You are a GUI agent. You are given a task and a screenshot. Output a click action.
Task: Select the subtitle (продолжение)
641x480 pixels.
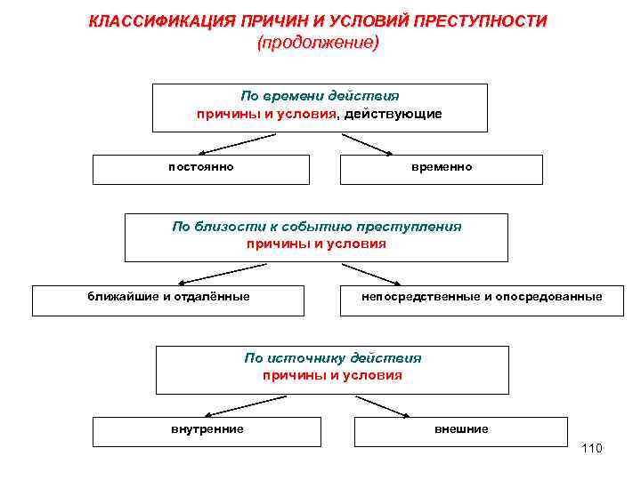(318, 43)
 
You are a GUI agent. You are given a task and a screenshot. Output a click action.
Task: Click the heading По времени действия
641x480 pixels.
(320, 96)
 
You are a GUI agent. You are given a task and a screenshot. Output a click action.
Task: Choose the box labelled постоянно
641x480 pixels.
(201, 167)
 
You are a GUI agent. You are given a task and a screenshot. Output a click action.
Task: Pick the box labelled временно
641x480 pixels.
(442, 167)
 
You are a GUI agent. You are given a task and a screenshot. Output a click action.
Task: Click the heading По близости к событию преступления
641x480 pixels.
(317, 226)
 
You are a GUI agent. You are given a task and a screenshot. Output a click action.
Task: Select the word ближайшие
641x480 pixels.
(122, 296)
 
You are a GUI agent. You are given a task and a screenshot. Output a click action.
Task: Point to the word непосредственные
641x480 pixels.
(420, 296)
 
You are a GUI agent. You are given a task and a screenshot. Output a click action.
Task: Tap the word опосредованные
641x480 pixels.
(548, 296)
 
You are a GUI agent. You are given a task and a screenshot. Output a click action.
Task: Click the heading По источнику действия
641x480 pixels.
(333, 358)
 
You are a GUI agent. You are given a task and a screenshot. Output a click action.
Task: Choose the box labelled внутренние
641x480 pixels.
(207, 429)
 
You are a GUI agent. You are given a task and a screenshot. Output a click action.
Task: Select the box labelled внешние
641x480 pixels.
(461, 429)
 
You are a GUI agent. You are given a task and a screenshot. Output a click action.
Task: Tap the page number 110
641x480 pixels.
(591, 448)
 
